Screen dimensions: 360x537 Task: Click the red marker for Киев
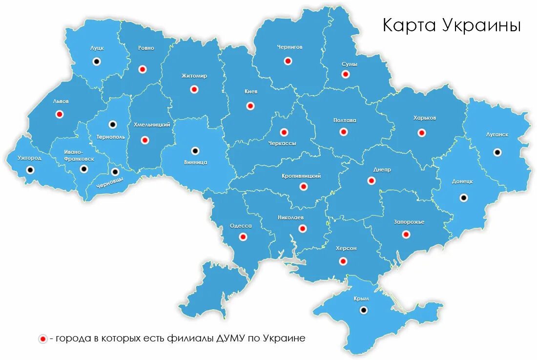[250, 106]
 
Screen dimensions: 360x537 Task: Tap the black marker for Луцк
[97, 62]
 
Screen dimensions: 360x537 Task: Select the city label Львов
[61, 102]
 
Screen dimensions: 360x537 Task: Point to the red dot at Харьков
[421, 132]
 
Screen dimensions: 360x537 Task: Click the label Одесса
[241, 226]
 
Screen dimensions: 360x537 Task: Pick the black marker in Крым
[363, 310]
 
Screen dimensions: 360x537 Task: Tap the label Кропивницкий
[301, 176]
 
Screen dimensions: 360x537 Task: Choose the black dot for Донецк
[463, 197]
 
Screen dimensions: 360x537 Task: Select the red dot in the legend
[43, 339]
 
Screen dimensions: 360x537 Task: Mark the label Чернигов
[289, 47]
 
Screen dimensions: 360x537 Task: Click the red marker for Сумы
[346, 74]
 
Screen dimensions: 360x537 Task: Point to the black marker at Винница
[195, 150]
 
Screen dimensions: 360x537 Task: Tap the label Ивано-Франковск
[79, 155]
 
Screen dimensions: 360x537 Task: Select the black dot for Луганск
[497, 152]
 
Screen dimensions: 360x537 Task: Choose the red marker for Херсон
[343, 261]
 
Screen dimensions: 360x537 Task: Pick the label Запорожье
[409, 222]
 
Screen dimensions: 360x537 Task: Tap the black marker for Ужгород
[30, 170]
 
